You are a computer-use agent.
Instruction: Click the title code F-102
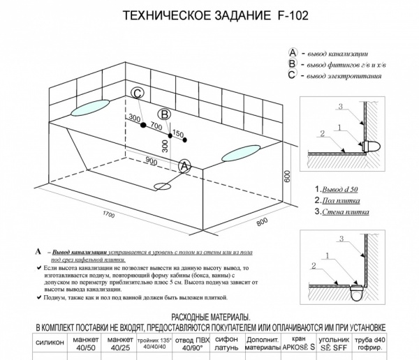tap(288, 14)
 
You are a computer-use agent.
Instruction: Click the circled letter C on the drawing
tap(138, 94)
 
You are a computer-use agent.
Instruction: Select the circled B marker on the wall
tap(163, 114)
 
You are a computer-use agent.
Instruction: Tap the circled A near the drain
tap(185, 165)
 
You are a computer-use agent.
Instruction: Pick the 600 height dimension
tap(286, 176)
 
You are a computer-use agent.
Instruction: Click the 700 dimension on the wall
tap(156, 128)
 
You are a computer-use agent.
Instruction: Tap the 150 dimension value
tap(177, 133)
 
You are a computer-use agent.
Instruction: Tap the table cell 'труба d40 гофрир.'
tap(399, 343)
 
